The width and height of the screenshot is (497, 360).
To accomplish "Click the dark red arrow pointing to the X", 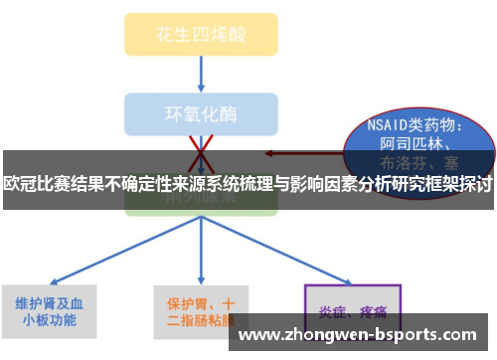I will click(298, 154).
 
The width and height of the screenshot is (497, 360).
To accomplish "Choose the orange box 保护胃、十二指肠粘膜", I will click(200, 312).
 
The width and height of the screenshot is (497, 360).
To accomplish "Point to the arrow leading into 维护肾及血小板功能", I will click(99, 254).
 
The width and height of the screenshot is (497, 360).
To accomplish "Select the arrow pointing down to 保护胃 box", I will click(201, 249).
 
